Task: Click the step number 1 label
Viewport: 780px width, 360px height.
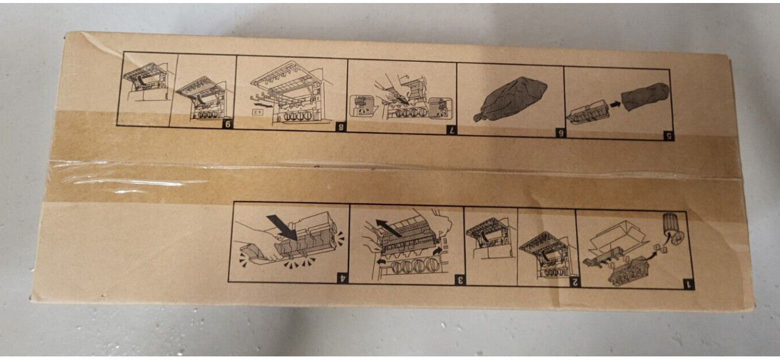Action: pos(688,284)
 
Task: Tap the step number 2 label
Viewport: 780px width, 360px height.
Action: pos(575,283)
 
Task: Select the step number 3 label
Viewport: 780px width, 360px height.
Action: pos(460,280)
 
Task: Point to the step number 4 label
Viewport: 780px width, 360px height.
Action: pos(343,278)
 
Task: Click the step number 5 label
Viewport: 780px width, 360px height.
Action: pos(669,136)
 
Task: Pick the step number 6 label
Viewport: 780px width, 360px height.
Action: pos(560,134)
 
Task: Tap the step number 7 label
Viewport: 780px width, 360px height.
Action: pos(451,130)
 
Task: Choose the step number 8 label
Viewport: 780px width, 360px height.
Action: pos(341,127)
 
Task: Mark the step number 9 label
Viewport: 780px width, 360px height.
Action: pos(228,125)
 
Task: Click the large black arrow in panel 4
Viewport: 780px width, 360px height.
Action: pos(282,227)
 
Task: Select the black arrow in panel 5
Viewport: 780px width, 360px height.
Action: pos(615,104)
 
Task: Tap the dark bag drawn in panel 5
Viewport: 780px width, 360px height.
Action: pos(646,96)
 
